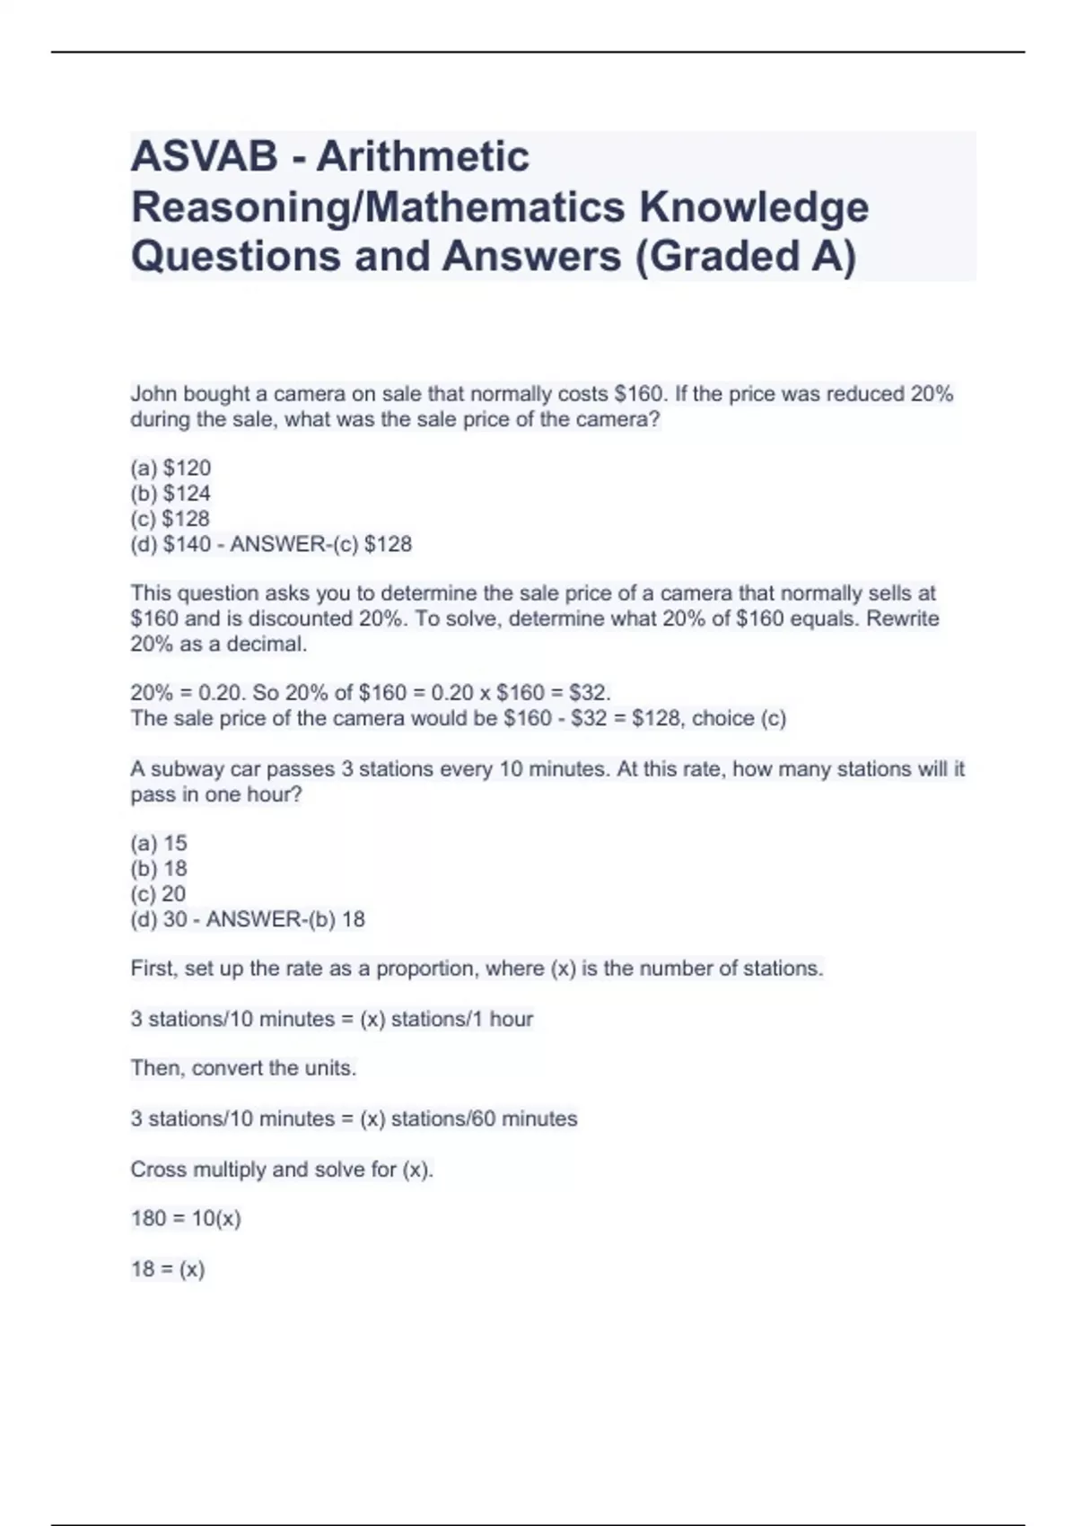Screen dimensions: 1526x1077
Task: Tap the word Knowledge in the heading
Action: tap(754, 207)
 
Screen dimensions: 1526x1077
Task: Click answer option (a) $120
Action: tap(171, 468)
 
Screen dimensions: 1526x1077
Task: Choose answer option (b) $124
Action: tap(171, 493)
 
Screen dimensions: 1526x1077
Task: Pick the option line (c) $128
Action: tap(171, 518)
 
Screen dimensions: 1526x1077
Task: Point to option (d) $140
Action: tap(171, 544)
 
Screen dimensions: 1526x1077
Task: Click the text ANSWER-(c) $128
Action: tap(320, 544)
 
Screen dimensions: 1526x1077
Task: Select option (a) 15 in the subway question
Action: tap(159, 843)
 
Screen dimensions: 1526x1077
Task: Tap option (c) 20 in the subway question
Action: tap(158, 893)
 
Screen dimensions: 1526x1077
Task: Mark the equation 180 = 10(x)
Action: tap(186, 1218)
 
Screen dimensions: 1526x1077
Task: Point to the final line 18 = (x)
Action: tap(168, 1268)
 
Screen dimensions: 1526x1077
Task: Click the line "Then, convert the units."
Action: tap(243, 1068)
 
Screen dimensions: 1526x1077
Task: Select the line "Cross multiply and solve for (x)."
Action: tap(282, 1169)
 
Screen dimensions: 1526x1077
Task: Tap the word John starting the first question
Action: tap(153, 394)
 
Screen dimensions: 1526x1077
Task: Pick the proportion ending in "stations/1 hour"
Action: tap(332, 1019)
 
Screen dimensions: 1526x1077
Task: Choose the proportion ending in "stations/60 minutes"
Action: tap(354, 1118)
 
